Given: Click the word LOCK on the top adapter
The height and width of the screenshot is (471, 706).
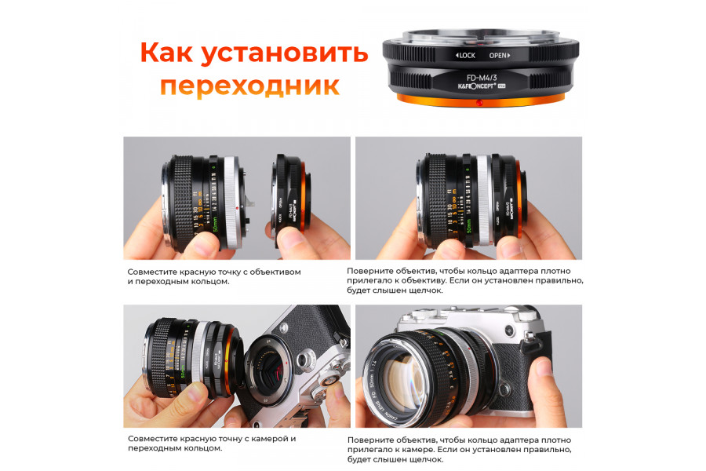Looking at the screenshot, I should [x=467, y=56].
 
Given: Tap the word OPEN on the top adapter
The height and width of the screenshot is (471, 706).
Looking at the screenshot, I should [x=499, y=56].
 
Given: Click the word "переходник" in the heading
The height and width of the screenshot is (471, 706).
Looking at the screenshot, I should [x=249, y=85].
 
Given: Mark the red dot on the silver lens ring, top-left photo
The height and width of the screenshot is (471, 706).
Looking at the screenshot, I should [x=237, y=207].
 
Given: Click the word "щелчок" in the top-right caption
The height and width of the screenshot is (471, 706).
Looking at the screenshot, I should [x=424, y=290].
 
